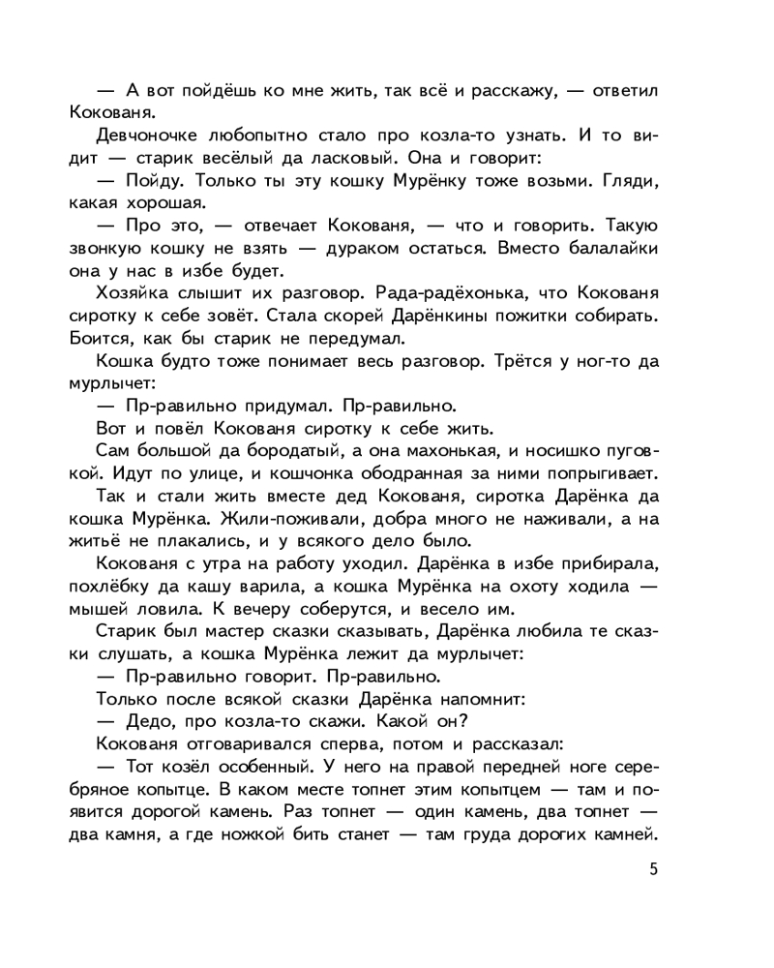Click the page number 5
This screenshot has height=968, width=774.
654,867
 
